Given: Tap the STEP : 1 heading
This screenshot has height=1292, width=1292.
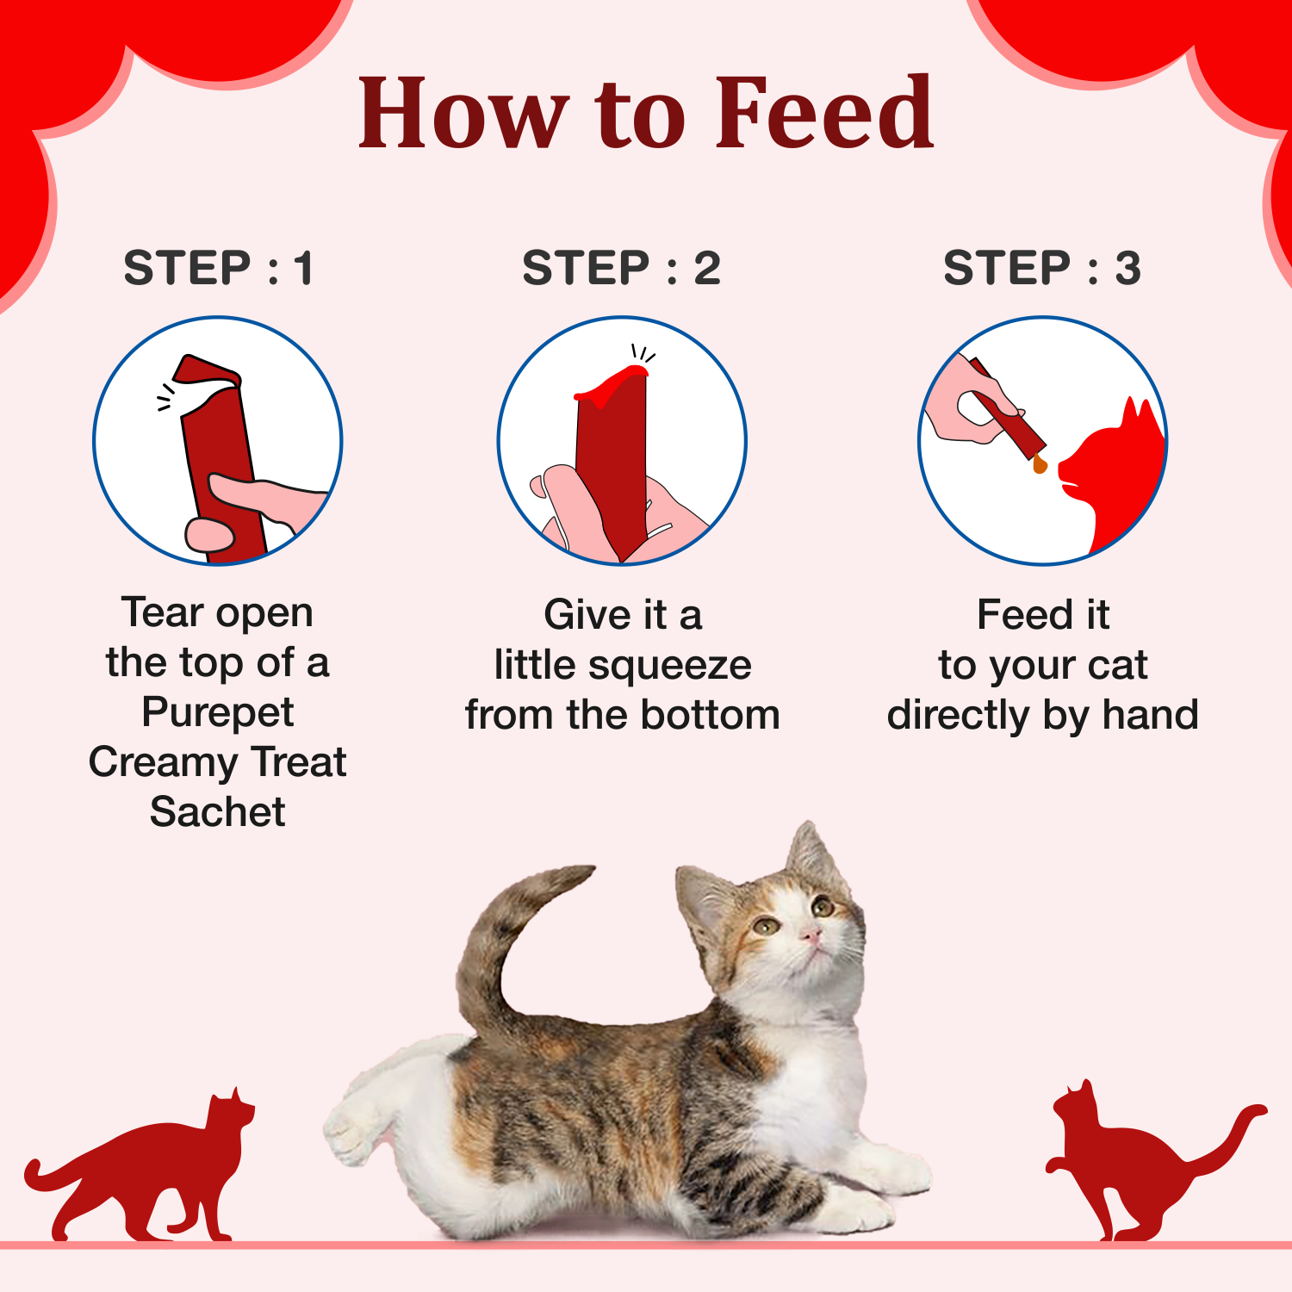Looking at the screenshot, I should [218, 268].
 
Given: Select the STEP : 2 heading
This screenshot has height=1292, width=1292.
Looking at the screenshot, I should [621, 268].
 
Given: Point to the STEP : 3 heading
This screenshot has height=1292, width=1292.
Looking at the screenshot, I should [1042, 268].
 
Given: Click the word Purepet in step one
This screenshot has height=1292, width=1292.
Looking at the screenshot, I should [217, 712].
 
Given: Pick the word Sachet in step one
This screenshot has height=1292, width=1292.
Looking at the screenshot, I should [217, 812].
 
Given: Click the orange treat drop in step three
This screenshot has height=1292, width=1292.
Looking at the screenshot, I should [1040, 465].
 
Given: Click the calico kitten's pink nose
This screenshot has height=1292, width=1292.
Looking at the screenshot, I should [811, 935].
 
